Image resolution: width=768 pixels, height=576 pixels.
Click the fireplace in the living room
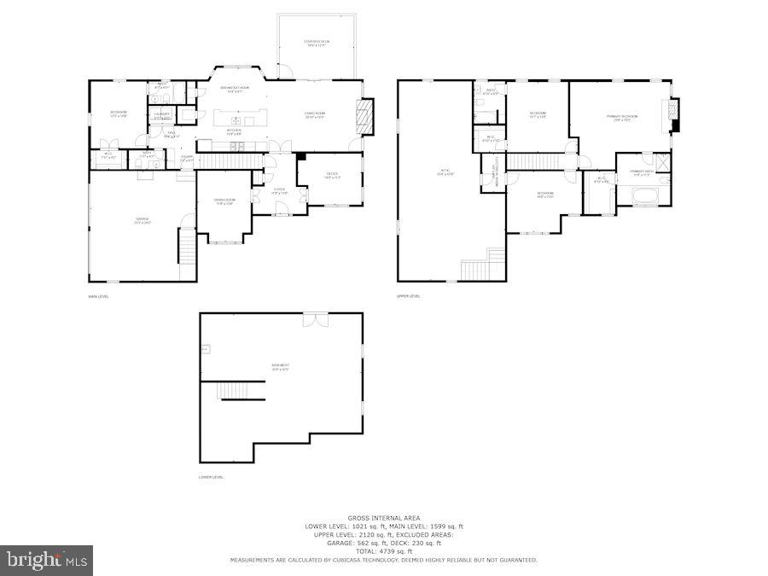[x=365, y=117]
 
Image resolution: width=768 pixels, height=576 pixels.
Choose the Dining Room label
[x=225, y=201]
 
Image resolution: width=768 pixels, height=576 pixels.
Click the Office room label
[x=333, y=176]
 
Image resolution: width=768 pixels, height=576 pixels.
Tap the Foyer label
[x=279, y=191]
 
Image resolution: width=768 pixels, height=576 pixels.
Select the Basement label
[x=281, y=368]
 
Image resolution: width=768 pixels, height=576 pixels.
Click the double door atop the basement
[x=315, y=318]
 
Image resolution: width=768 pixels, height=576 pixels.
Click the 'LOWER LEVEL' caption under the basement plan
[x=211, y=477]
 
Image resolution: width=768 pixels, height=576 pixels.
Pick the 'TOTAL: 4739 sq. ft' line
[x=383, y=551]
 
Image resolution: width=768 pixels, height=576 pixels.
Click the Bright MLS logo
[x=47, y=561]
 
